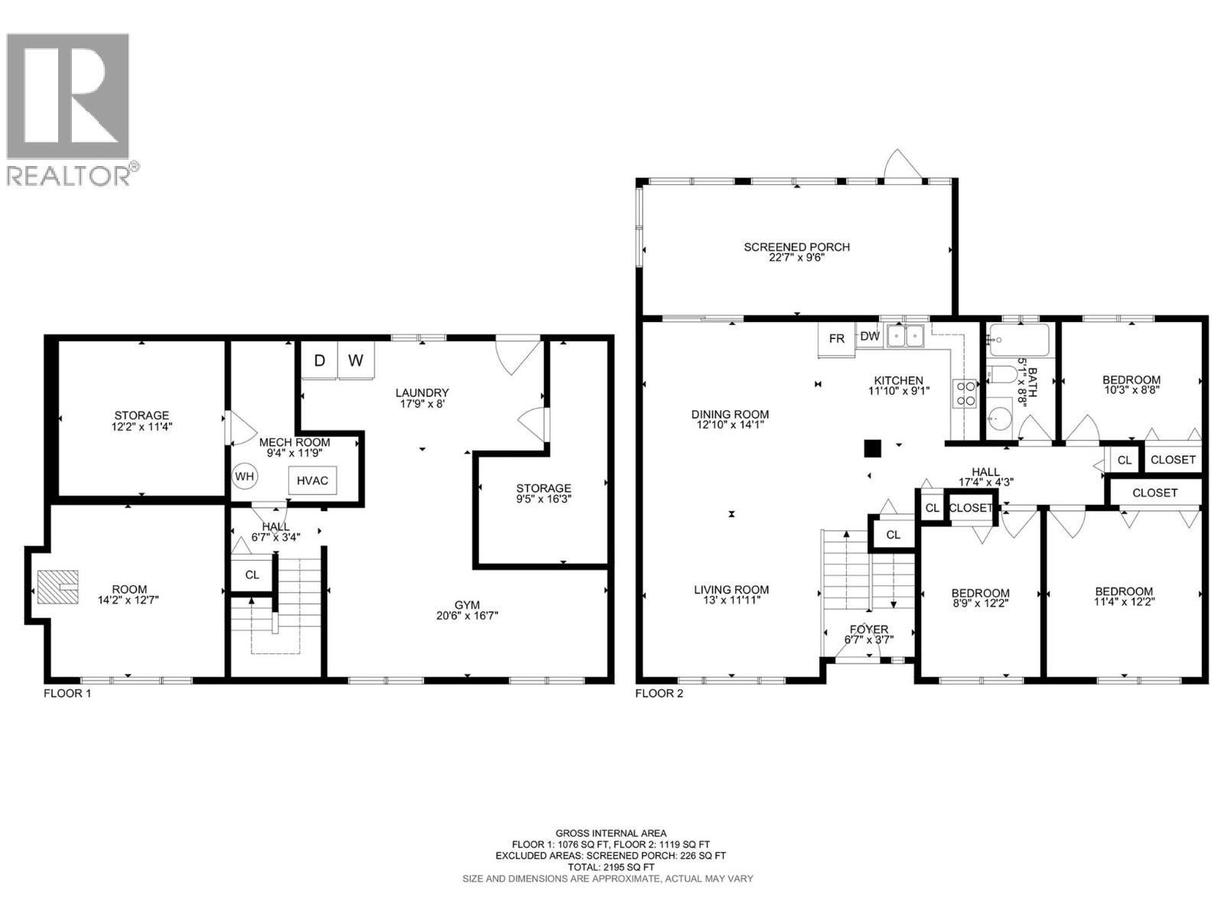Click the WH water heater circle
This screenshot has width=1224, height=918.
(245, 477)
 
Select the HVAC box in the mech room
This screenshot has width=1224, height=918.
(312, 480)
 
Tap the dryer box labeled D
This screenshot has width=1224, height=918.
(320, 360)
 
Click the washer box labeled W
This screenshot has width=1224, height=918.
(356, 360)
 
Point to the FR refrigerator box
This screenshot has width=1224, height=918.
(837, 339)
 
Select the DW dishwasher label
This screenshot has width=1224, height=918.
(869, 336)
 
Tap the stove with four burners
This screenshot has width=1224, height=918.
(965, 394)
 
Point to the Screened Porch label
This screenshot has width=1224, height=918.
(796, 247)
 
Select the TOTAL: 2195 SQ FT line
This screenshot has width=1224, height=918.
(610, 868)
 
